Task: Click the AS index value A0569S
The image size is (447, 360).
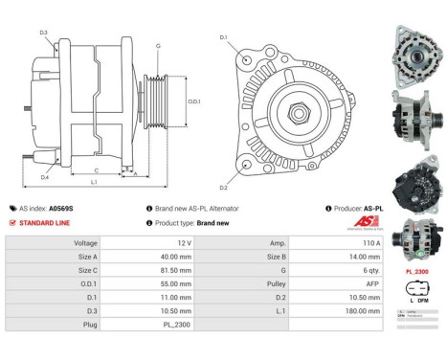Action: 60,208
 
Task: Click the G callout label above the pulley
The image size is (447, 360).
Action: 158,46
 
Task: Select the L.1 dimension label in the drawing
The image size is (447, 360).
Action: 94,182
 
